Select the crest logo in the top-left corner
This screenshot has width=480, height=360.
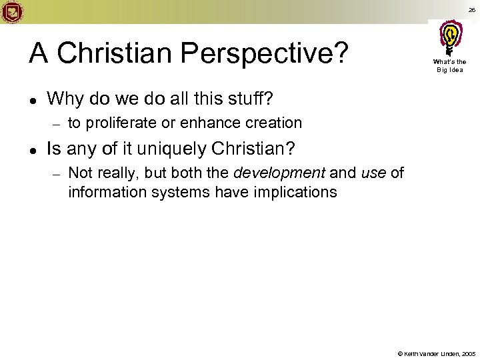click(x=13, y=11)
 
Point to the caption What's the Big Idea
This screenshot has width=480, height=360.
click(x=451, y=66)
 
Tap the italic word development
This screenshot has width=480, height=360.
click(x=279, y=173)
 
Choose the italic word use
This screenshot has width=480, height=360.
click(x=373, y=173)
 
